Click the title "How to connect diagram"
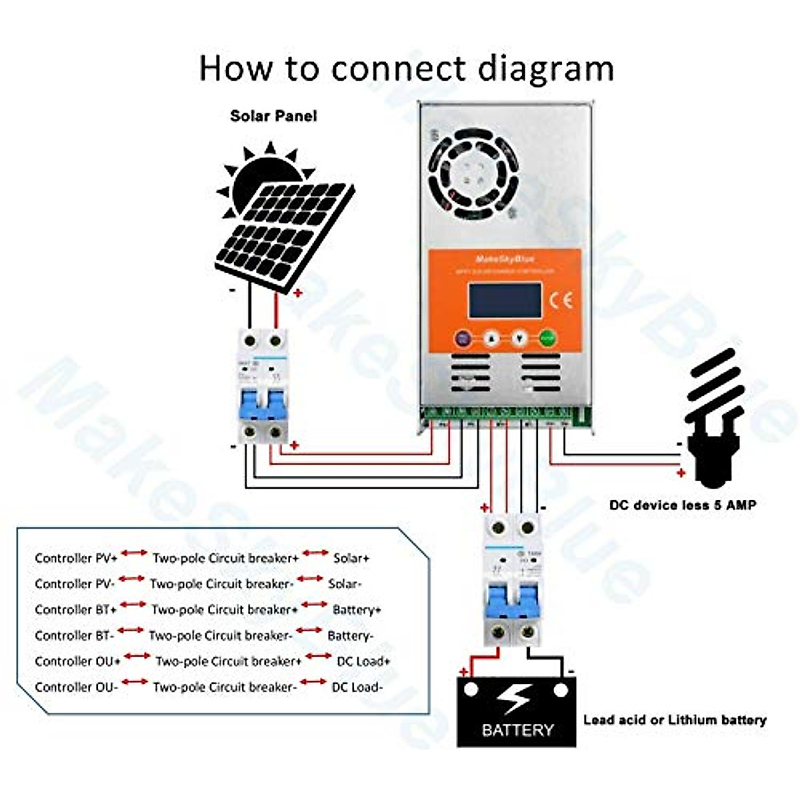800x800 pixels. (406, 69)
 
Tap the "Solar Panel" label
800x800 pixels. (273, 116)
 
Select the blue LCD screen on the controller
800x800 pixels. (505, 301)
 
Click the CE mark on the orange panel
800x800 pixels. (560, 300)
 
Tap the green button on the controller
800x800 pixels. (548, 338)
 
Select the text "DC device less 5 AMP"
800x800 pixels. (683, 505)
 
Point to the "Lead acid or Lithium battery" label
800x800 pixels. (675, 720)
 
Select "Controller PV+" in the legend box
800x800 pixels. (76, 558)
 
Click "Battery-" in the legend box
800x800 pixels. (350, 636)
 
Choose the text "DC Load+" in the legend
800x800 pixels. (363, 661)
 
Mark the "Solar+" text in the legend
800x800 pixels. (351, 558)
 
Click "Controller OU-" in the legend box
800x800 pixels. (76, 687)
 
